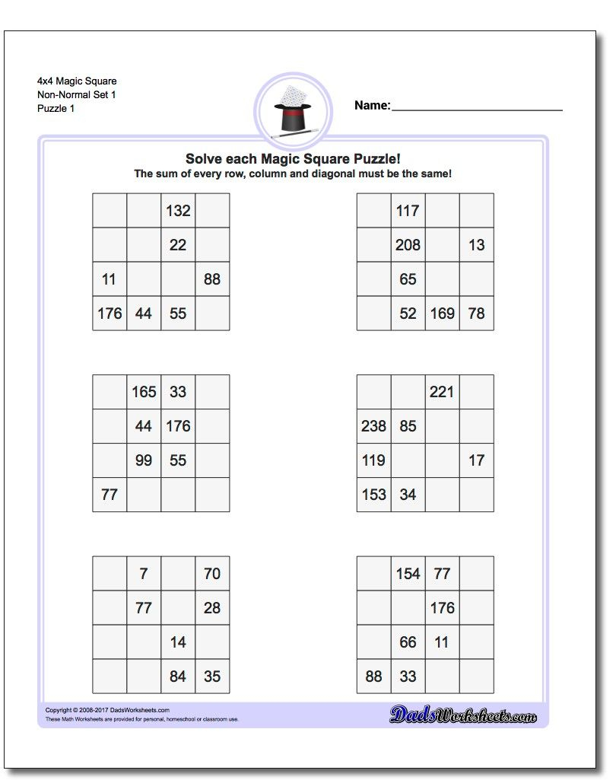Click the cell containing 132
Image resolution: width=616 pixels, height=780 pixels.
[x=178, y=211]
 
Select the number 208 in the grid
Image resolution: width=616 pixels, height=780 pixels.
[x=408, y=245]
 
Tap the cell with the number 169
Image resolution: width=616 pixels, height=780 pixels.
[x=442, y=314]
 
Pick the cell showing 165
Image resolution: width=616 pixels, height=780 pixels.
[x=144, y=392]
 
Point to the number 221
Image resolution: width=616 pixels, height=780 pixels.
[x=442, y=392]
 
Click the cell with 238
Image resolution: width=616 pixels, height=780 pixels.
[x=373, y=426]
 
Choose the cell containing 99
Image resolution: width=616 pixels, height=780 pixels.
[x=144, y=460]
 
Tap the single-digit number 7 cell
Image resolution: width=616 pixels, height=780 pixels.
[x=144, y=573]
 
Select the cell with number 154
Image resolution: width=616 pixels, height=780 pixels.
[x=408, y=573]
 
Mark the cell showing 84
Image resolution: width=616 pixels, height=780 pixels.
[x=178, y=676]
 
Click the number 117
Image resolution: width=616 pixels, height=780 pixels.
[x=408, y=211]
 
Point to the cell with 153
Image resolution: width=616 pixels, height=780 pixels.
[x=373, y=495]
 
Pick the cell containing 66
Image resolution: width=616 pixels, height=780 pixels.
[x=408, y=642]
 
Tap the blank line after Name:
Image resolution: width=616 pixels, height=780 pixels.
[x=477, y=107]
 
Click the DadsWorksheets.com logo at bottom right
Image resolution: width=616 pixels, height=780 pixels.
[x=463, y=715]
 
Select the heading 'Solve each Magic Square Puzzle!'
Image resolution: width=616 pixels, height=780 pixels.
[x=293, y=159]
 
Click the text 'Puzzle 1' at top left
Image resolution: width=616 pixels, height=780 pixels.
[x=56, y=108]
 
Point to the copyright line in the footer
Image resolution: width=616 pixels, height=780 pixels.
[x=107, y=710]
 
